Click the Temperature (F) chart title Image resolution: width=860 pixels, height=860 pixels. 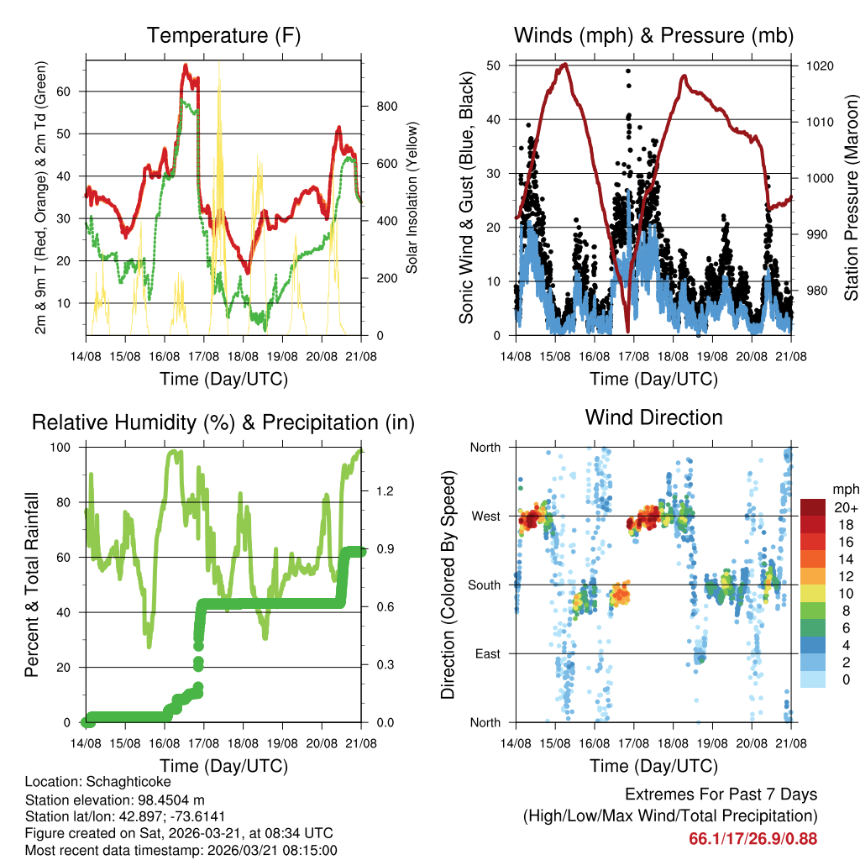(x=223, y=35)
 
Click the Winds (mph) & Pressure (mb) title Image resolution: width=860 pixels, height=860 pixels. (x=653, y=35)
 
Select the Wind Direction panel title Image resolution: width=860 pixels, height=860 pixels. (x=653, y=417)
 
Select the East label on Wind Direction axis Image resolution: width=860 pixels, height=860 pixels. (x=487, y=653)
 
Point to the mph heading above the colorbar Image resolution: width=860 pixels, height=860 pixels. (x=844, y=489)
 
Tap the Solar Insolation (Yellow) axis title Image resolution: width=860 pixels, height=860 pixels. (x=412, y=198)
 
